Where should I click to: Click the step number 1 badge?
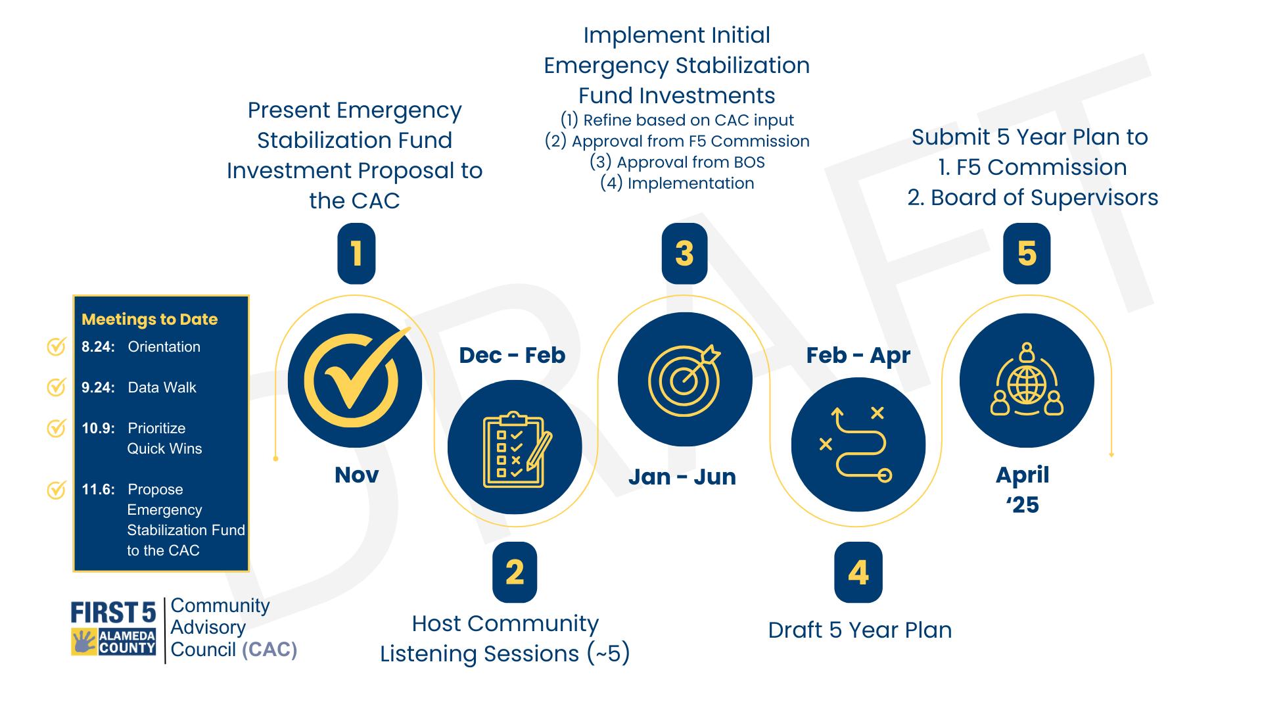point(356,253)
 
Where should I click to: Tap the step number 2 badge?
point(515,572)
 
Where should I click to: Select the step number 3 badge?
point(684,253)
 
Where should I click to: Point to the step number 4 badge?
point(858,572)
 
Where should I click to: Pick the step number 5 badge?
point(1027,253)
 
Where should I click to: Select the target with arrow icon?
point(684,379)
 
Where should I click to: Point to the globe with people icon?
point(1027,379)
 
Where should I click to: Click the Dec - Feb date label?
point(512,355)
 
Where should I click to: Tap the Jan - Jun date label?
point(682,477)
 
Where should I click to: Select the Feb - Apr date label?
point(858,355)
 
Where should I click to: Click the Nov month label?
point(356,475)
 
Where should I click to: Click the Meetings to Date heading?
point(150,319)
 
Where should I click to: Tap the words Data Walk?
point(162,387)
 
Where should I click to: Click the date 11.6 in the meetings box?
point(98,489)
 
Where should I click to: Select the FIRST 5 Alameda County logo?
point(113,628)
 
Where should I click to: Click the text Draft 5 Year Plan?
point(860,630)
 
